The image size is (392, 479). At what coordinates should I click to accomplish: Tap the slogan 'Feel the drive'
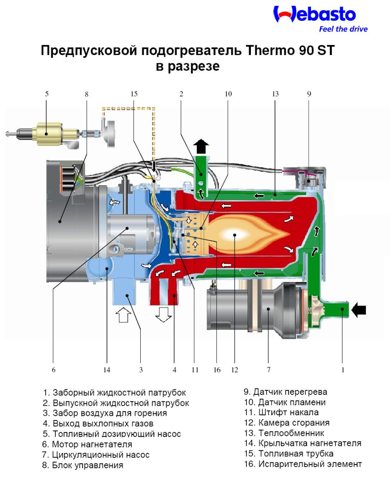click(x=343, y=29)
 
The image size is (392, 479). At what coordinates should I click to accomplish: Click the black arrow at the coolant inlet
click(x=359, y=310)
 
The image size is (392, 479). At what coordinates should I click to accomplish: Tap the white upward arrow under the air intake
click(x=123, y=314)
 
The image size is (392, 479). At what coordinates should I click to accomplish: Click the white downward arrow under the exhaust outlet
click(x=164, y=314)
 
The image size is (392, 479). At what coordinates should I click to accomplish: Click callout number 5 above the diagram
click(x=47, y=93)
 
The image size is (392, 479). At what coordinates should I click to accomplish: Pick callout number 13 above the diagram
click(x=275, y=93)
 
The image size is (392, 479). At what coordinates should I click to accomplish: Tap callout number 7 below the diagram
click(x=269, y=370)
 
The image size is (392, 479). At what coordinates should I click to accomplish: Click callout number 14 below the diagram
click(x=107, y=370)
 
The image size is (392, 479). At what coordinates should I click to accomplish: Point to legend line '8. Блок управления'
click(x=83, y=465)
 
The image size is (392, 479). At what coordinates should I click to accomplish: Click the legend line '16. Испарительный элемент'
click(x=303, y=464)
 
